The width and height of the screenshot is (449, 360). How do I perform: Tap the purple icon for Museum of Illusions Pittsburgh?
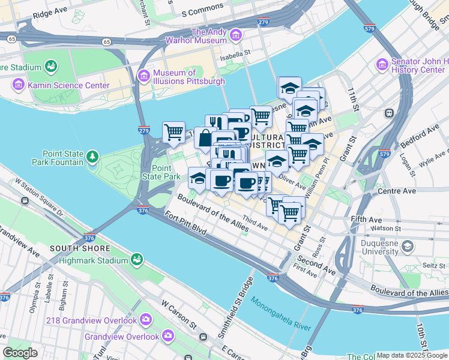[143, 76]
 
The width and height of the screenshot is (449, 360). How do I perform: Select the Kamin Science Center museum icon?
[19, 85]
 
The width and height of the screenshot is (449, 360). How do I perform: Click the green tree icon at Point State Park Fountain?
[92, 158]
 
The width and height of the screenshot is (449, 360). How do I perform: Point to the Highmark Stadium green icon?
[137, 260]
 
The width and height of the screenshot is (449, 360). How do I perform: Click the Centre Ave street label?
[402, 191]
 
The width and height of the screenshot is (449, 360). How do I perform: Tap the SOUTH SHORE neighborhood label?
[80, 248]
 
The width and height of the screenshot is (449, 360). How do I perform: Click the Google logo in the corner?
[20, 353]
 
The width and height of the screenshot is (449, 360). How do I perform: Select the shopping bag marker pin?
[205, 137]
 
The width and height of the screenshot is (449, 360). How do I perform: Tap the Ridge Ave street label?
[50, 13]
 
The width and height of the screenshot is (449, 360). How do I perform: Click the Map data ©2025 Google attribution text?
[411, 355]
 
